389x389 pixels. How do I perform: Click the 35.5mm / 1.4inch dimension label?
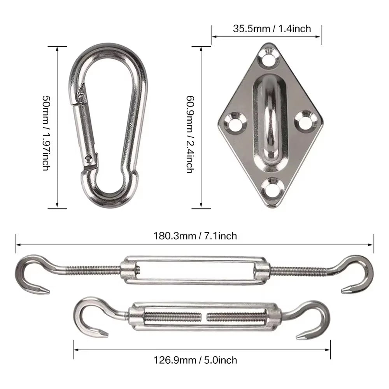click(266, 28)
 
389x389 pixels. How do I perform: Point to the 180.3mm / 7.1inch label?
click(194, 236)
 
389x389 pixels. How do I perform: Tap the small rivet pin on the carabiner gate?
click(90, 158)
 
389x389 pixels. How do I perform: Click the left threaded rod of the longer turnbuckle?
click(93, 270)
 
